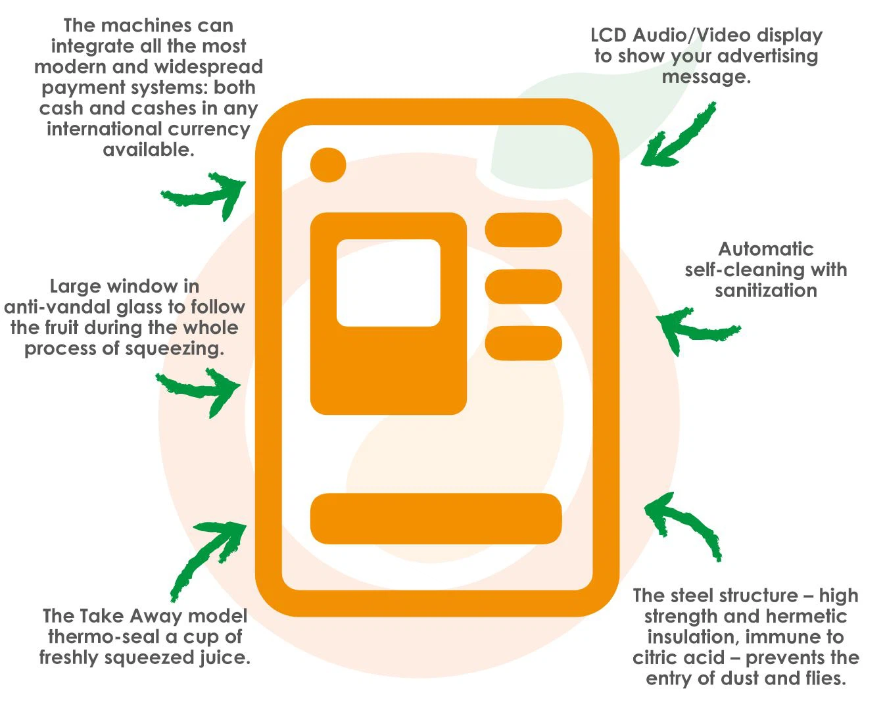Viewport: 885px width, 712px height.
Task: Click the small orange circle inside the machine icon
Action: click(x=328, y=164)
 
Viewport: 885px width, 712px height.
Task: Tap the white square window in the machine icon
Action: click(x=388, y=283)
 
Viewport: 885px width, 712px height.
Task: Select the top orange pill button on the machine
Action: click(x=523, y=230)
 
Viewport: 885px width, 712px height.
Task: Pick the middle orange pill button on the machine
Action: click(x=523, y=287)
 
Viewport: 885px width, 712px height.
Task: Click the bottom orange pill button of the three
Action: click(x=523, y=343)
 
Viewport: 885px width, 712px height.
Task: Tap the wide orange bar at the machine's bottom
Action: click(x=435, y=519)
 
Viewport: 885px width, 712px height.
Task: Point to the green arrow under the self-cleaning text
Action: click(x=694, y=328)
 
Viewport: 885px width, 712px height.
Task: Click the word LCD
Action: click(x=608, y=36)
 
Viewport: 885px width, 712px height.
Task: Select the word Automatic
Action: click(x=765, y=249)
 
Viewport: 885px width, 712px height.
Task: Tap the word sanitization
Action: click(x=765, y=291)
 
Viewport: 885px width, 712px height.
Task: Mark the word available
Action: click(x=148, y=150)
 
